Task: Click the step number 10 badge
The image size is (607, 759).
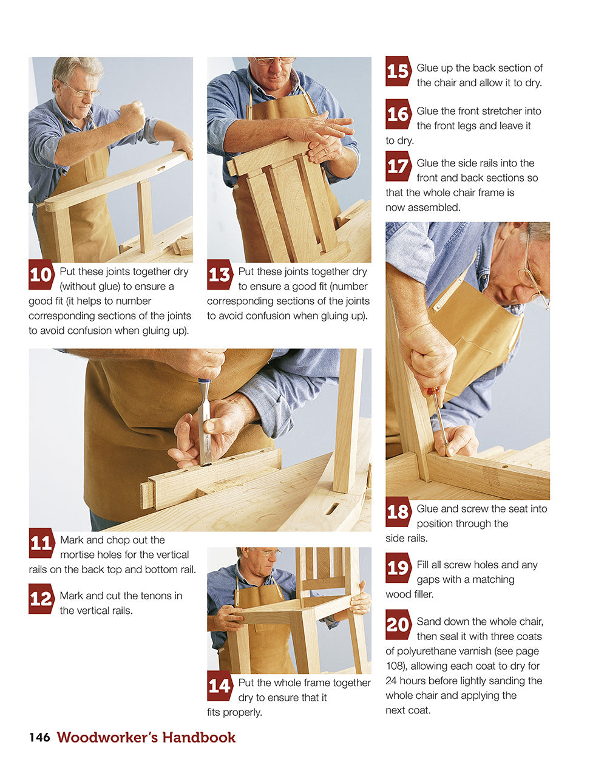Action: (41, 274)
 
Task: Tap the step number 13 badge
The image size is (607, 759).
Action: (219, 274)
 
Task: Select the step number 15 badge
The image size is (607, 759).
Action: (398, 70)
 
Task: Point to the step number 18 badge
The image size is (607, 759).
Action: (398, 512)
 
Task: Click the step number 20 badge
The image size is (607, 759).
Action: (398, 624)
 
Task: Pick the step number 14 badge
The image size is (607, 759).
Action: (219, 686)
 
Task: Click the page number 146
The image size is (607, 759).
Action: (39, 737)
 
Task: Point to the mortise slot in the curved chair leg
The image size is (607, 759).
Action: (332, 509)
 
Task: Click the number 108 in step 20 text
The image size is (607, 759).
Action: (396, 665)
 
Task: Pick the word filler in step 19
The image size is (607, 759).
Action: (421, 594)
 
